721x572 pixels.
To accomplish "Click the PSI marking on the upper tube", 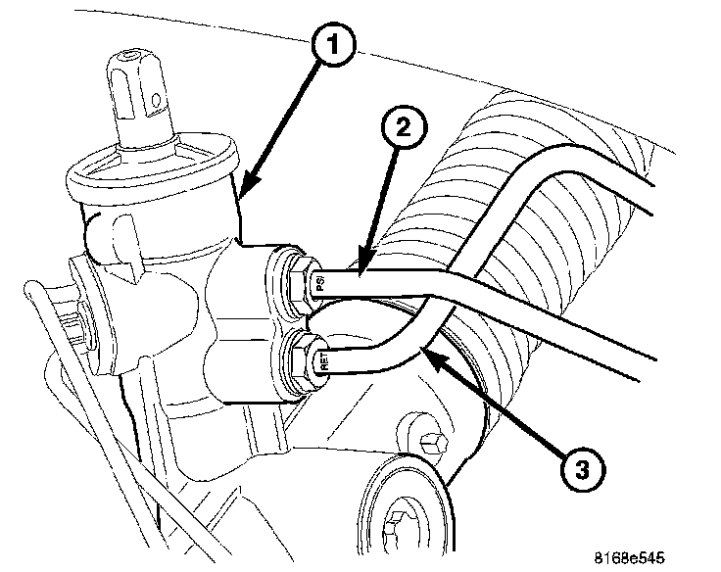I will coord(319,285).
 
